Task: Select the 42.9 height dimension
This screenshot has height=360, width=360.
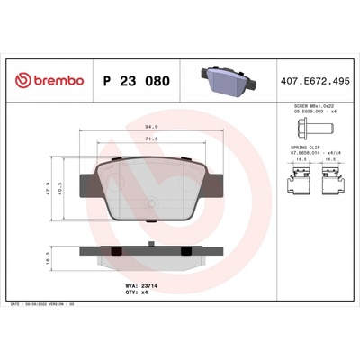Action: pyautogui.click(x=51, y=189)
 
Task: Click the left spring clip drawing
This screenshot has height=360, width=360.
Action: pyautogui.click(x=296, y=185)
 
